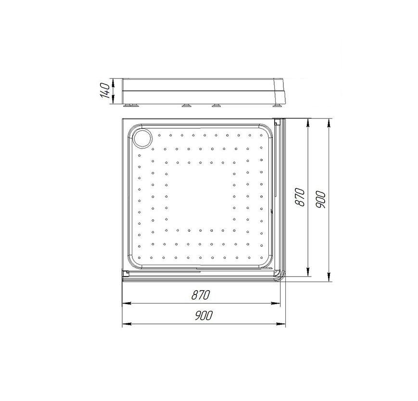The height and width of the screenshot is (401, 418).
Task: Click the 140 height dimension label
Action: pyautogui.click(x=105, y=91)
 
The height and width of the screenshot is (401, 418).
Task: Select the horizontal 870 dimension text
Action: pyautogui.click(x=201, y=295)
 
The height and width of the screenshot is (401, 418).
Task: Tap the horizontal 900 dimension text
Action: pyautogui.click(x=203, y=316)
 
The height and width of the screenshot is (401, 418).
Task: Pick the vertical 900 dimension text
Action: pyautogui.click(x=320, y=200)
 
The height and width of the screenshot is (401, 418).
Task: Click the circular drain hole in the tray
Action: pyautogui.click(x=143, y=138)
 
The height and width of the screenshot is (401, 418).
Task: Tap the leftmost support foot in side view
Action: pyautogui.click(x=131, y=105)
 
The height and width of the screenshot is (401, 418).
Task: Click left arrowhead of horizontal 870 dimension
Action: pyautogui.click(x=127, y=303)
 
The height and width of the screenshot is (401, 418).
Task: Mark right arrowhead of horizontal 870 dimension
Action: pyautogui.click(x=276, y=303)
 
